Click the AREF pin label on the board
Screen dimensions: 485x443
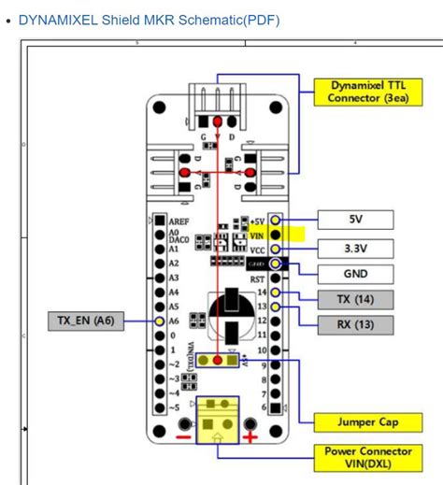(179, 223)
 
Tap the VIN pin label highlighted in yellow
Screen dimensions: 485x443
(258, 236)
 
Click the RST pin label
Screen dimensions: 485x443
(259, 278)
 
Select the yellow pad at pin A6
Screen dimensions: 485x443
(161, 321)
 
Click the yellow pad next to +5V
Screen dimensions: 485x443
(274, 221)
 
